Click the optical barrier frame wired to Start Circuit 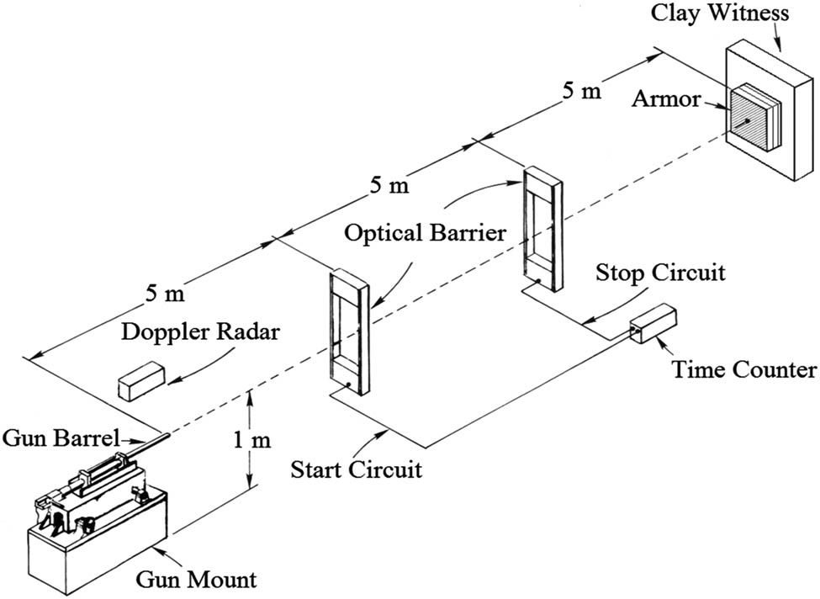[348, 332]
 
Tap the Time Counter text [743, 369]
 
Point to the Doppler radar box [140, 379]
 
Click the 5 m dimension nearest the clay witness [581, 90]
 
